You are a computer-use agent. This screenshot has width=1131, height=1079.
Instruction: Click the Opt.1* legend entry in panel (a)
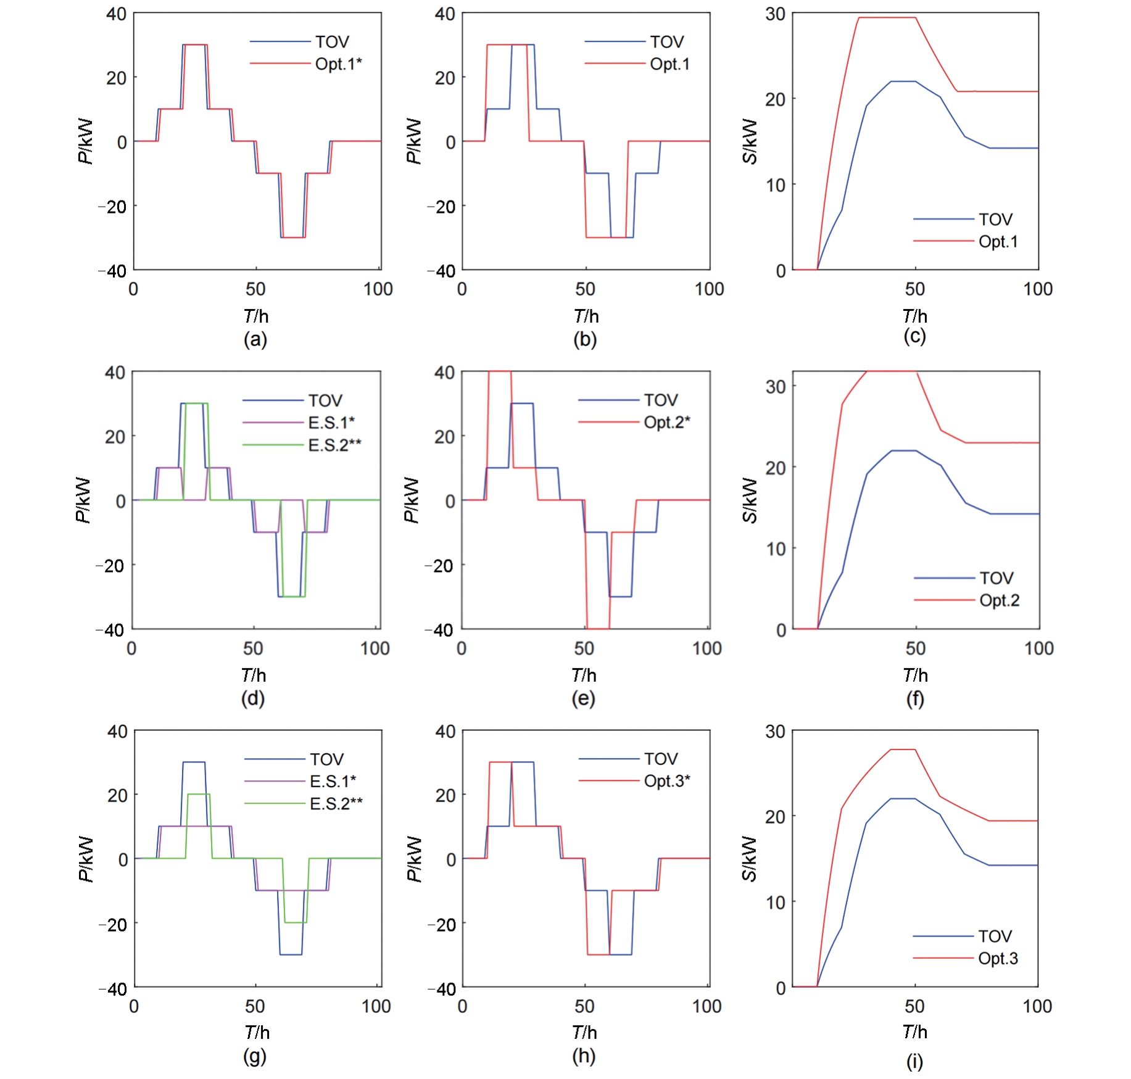pos(338,64)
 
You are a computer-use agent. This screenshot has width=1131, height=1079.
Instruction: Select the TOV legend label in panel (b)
pos(666,42)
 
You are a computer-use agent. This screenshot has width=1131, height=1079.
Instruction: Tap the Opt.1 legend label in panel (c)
pos(998,242)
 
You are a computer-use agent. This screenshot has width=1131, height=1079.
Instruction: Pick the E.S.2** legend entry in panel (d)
pos(334,445)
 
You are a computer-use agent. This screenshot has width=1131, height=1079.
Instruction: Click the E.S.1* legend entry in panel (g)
pos(333,782)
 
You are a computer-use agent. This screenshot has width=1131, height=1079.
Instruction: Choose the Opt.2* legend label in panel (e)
pos(666,423)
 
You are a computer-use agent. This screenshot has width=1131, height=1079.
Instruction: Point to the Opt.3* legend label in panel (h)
pos(666,781)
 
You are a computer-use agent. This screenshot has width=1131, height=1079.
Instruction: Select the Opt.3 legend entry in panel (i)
pos(998,959)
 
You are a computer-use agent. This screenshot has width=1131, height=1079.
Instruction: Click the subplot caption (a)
pos(255,339)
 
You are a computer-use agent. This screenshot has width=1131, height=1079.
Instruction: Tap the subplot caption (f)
pos(914,699)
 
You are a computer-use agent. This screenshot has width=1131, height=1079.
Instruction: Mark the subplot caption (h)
pos(584,1056)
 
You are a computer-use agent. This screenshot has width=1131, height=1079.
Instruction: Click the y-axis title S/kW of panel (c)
pos(750,142)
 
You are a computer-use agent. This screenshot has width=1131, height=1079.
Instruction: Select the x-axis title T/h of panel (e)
pos(584,676)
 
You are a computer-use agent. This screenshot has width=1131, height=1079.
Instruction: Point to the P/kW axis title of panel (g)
pos(86,859)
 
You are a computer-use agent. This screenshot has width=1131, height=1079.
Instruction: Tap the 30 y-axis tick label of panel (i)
pos(775,732)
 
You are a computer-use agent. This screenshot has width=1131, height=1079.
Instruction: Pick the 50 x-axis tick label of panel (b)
pos(585,289)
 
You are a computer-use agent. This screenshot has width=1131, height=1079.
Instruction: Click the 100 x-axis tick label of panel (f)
pos(1039,648)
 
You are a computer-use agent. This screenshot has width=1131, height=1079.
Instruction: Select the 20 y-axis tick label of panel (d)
pos(115,437)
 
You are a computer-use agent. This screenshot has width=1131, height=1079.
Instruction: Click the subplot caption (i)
pos(914,1062)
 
